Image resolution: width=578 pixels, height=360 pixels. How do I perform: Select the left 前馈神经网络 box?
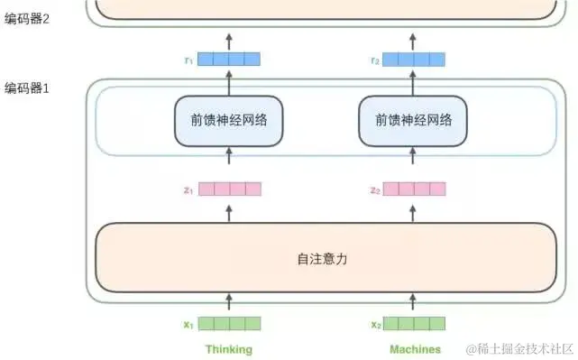click(x=228, y=121)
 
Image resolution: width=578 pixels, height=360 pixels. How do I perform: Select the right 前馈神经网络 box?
click(x=414, y=121)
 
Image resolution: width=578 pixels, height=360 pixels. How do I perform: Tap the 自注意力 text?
click(x=322, y=258)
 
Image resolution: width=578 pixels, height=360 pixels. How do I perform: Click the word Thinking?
click(x=229, y=349)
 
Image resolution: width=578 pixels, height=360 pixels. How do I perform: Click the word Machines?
click(x=415, y=349)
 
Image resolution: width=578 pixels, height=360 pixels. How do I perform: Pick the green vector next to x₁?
click(x=229, y=324)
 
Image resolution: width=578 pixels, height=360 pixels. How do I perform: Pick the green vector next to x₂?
click(x=415, y=324)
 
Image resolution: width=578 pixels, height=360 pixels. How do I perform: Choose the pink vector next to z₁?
click(x=229, y=189)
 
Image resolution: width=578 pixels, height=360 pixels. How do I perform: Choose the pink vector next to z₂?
click(x=415, y=189)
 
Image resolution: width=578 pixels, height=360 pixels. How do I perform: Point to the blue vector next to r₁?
click(x=229, y=60)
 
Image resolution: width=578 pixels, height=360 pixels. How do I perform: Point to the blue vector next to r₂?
click(x=415, y=60)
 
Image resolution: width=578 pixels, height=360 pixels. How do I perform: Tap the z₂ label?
click(x=374, y=189)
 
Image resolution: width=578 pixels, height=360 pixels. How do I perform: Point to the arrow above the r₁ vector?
click(x=229, y=41)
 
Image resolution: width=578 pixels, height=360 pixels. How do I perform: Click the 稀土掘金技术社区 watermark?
click(x=518, y=348)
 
